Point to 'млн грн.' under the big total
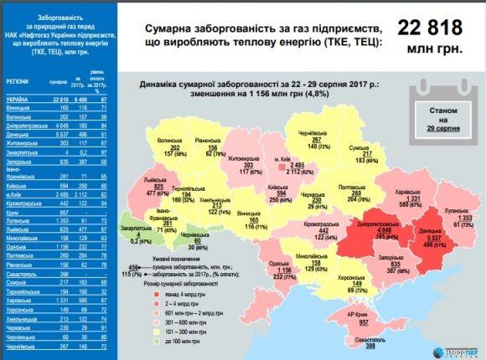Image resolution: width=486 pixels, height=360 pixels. click(437, 49)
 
